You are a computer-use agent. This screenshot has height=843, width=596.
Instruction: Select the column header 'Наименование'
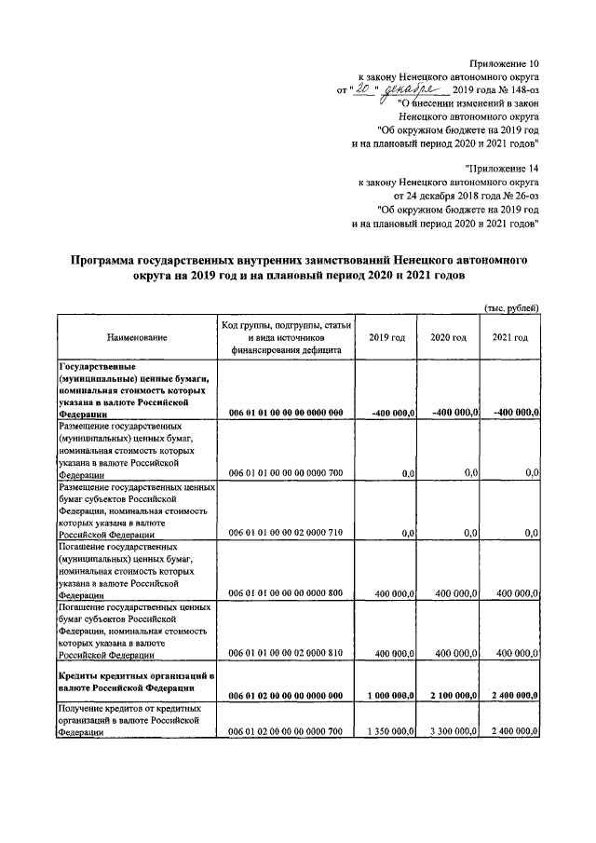click(137, 337)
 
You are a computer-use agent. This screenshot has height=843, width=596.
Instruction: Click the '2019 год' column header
click(386, 337)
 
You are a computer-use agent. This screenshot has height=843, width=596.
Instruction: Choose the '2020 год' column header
click(448, 337)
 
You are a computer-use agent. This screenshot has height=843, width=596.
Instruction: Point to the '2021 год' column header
click(509, 337)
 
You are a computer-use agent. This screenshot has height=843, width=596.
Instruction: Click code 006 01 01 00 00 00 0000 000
click(286, 412)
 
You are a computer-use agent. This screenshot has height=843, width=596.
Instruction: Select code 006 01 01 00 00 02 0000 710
click(286, 534)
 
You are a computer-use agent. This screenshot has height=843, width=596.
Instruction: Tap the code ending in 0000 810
click(286, 655)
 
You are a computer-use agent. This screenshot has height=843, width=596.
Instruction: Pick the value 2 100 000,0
click(451, 696)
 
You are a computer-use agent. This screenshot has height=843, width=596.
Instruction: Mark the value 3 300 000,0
click(451, 732)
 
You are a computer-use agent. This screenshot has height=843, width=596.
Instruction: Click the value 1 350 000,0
click(389, 732)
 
